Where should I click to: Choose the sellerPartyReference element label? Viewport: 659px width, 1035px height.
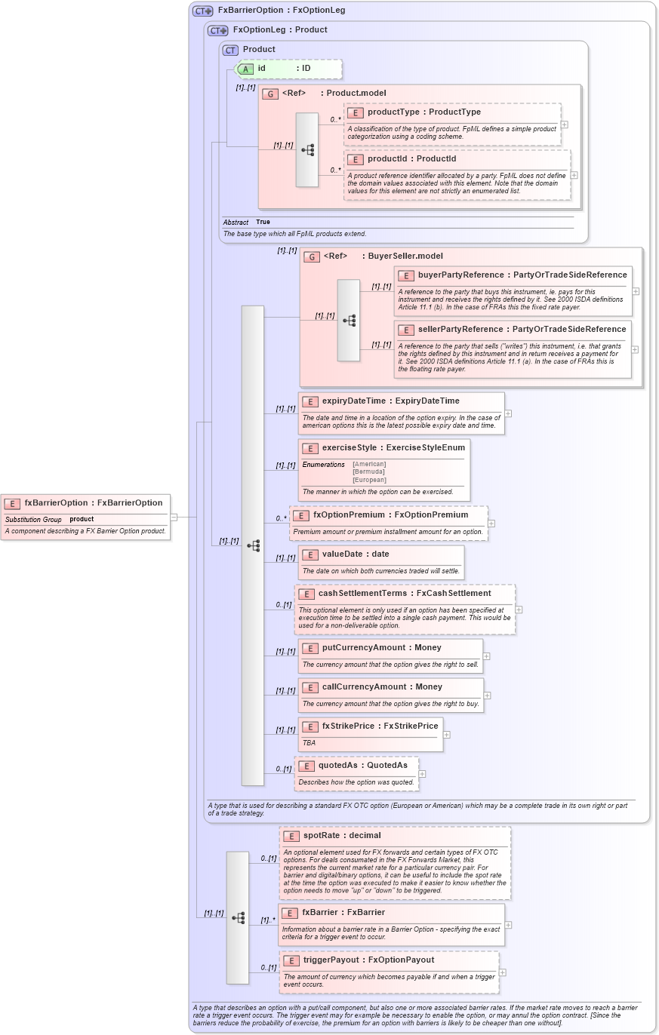522,330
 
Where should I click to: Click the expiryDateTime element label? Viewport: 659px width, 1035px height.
390,401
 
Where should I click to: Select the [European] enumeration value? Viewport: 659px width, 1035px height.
369,480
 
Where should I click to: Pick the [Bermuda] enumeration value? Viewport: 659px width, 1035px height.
368,472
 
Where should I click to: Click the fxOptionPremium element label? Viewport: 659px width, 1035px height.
390,515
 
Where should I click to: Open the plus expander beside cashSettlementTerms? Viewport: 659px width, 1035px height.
519,610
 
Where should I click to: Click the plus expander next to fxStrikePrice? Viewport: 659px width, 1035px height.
447,734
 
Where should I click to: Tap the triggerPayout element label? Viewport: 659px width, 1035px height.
368,960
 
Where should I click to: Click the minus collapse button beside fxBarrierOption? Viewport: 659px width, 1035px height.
174,517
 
